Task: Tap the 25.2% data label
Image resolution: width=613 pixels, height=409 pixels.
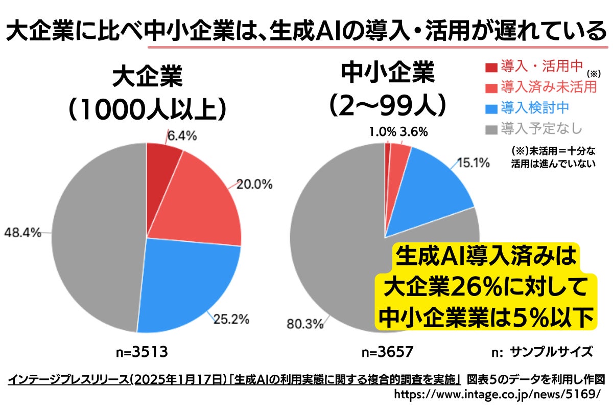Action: (231, 320)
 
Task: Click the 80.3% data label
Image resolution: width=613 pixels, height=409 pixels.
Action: (305, 324)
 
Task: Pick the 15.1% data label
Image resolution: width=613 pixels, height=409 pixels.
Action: (473, 163)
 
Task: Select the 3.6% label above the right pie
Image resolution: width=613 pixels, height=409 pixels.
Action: (414, 132)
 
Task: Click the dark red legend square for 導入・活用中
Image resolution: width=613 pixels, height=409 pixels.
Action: (491, 67)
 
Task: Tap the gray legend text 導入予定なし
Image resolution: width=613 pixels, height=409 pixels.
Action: (541, 128)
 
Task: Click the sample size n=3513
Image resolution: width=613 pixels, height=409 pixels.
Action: (141, 352)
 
